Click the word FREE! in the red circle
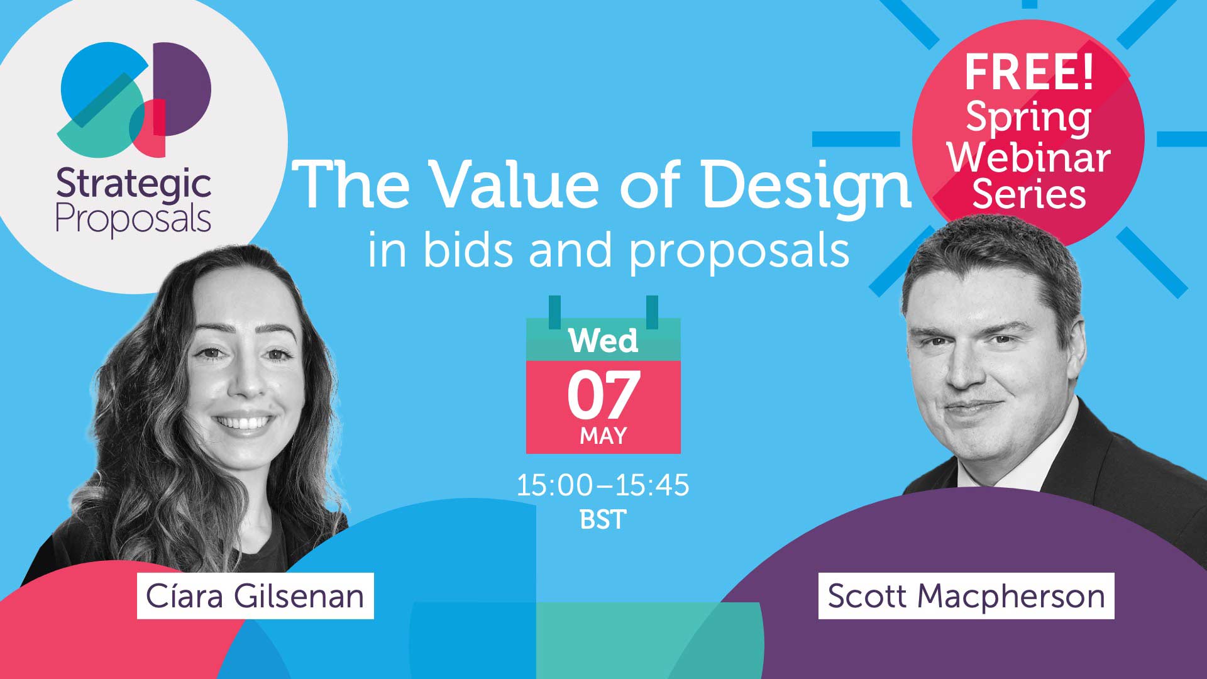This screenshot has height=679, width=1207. (1029, 72)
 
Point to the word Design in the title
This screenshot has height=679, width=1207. (807, 185)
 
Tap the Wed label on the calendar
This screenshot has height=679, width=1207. (603, 341)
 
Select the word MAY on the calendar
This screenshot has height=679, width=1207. (603, 436)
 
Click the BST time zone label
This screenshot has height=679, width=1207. (603, 520)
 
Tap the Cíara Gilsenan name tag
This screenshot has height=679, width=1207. (255, 596)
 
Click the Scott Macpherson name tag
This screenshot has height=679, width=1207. (966, 596)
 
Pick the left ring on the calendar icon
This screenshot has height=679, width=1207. (554, 312)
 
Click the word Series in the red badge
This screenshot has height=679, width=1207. (1029, 194)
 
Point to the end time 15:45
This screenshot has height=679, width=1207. (652, 485)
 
